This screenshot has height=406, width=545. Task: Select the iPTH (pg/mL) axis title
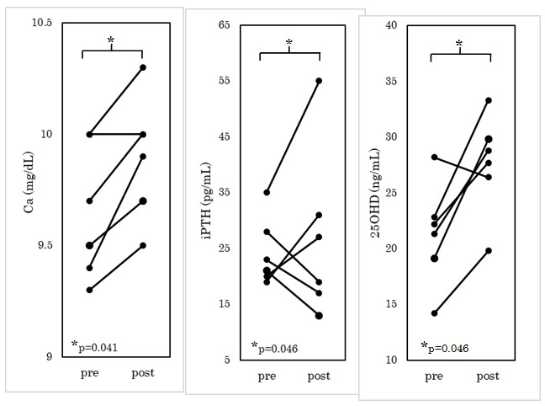point(206,192)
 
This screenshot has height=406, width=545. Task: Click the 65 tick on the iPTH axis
point(225,24)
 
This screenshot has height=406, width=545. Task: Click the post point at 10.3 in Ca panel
point(143,67)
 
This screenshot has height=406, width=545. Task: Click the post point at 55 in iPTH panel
point(320,81)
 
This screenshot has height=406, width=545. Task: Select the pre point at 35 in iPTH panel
point(267,192)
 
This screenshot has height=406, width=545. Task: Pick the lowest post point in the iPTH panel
point(320,316)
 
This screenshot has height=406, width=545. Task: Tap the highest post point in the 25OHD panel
point(489,100)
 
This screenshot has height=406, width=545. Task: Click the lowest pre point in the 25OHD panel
point(435,313)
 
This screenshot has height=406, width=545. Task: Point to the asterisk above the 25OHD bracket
point(459,44)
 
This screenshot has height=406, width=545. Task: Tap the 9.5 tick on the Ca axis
point(40,245)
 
